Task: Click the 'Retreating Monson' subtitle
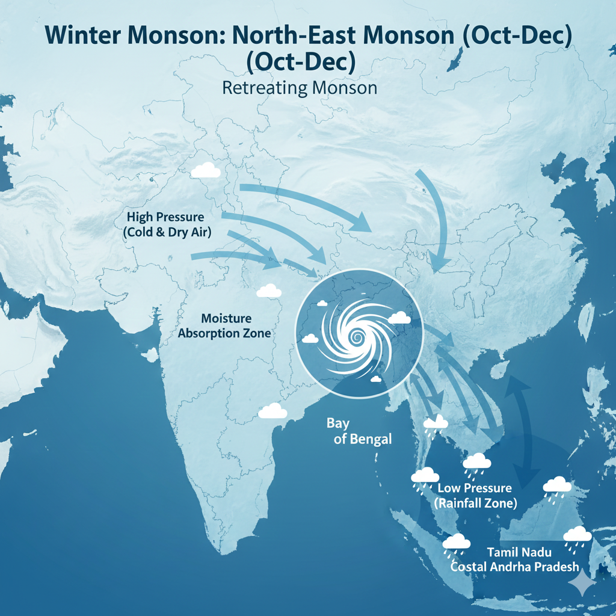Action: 300,88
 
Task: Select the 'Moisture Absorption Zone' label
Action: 226,325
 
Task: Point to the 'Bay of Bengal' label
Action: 359,431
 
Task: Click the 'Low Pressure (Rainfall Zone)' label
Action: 475,495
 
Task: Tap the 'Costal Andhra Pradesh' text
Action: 515,567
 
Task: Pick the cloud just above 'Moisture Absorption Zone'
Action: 269,291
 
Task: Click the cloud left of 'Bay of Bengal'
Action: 273,411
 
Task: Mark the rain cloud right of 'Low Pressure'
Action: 557,487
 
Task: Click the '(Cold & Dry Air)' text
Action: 168,232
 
